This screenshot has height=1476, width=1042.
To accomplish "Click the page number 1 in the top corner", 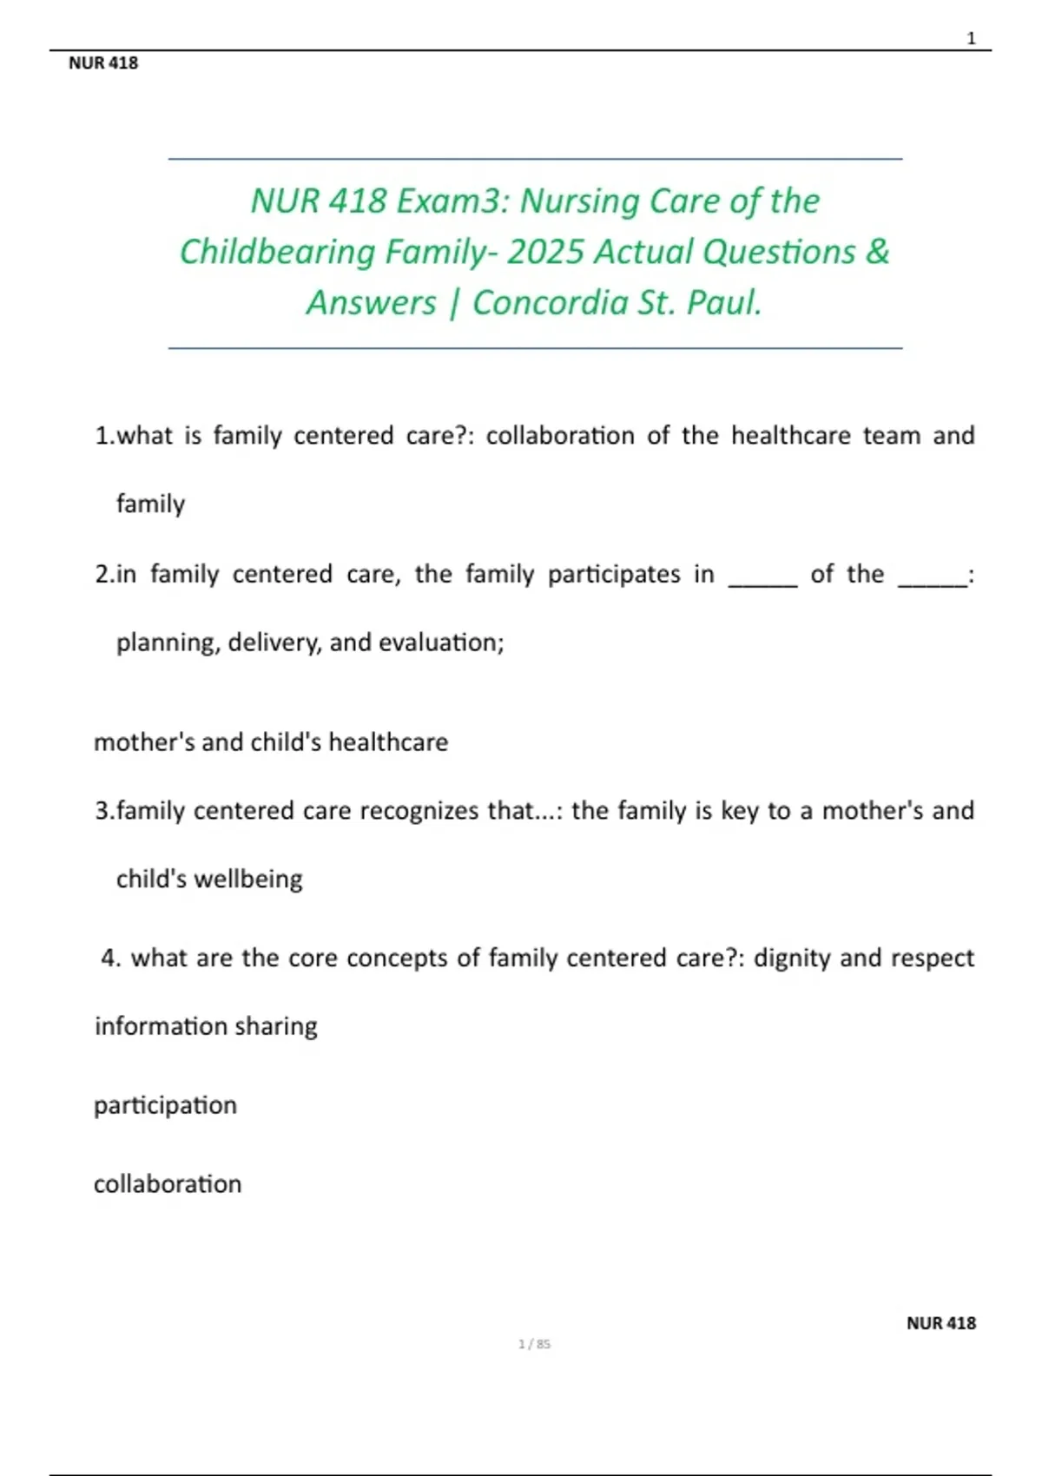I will point(971,38).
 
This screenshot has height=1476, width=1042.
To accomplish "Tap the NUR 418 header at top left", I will point(103,63).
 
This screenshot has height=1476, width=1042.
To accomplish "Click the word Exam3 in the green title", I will point(452,201).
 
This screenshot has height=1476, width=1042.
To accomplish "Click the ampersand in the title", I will point(877,252).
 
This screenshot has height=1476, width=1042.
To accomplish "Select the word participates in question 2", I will point(614,574).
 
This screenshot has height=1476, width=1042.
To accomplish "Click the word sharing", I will point(275,1026).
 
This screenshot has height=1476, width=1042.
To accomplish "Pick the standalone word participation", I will point(165,1105).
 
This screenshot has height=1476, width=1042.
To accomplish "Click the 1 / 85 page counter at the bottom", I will point(534,1344).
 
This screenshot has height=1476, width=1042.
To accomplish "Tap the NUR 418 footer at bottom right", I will point(940,1323).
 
